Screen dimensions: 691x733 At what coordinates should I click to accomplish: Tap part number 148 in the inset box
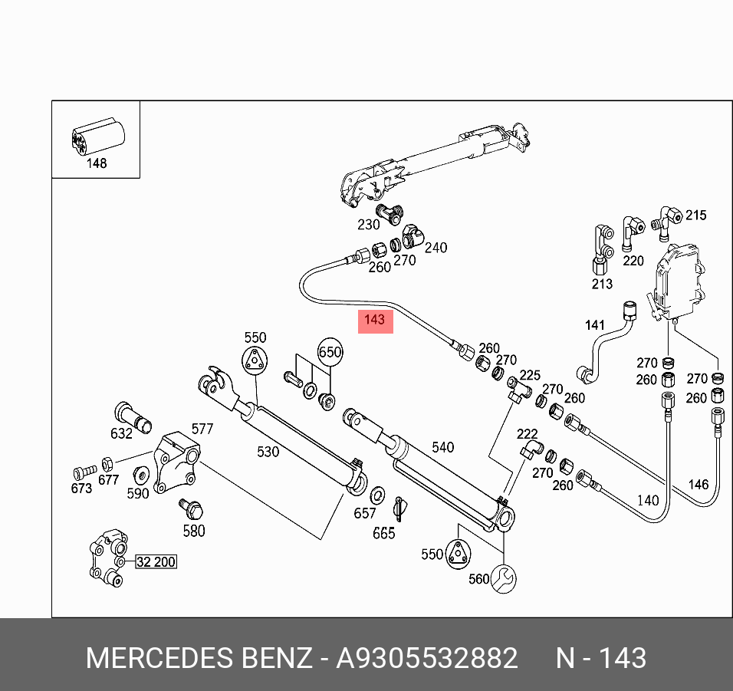(x=97, y=163)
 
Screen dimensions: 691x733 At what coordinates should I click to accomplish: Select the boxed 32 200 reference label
(x=156, y=562)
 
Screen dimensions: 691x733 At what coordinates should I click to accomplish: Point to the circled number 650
(x=330, y=352)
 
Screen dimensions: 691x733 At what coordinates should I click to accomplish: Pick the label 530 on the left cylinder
(x=268, y=452)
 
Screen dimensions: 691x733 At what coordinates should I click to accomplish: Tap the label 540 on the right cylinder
(x=443, y=447)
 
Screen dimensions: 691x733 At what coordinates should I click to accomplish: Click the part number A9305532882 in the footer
(x=427, y=658)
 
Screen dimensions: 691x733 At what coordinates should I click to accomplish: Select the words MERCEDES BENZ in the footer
(x=199, y=658)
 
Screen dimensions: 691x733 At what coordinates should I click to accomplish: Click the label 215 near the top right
(x=695, y=216)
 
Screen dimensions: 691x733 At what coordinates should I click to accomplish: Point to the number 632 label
(x=121, y=433)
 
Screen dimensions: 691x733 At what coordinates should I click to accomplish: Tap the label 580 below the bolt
(x=194, y=531)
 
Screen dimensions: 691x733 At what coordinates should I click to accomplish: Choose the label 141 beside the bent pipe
(x=595, y=326)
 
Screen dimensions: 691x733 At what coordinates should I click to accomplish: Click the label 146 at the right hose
(x=698, y=484)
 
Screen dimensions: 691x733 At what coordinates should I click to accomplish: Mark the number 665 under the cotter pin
(x=383, y=533)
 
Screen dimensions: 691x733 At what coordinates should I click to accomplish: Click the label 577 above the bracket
(x=202, y=429)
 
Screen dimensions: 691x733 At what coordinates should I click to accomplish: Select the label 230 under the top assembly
(x=369, y=225)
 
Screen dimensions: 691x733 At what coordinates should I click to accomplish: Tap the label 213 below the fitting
(x=602, y=285)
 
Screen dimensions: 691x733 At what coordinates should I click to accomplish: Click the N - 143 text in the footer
(x=600, y=658)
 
